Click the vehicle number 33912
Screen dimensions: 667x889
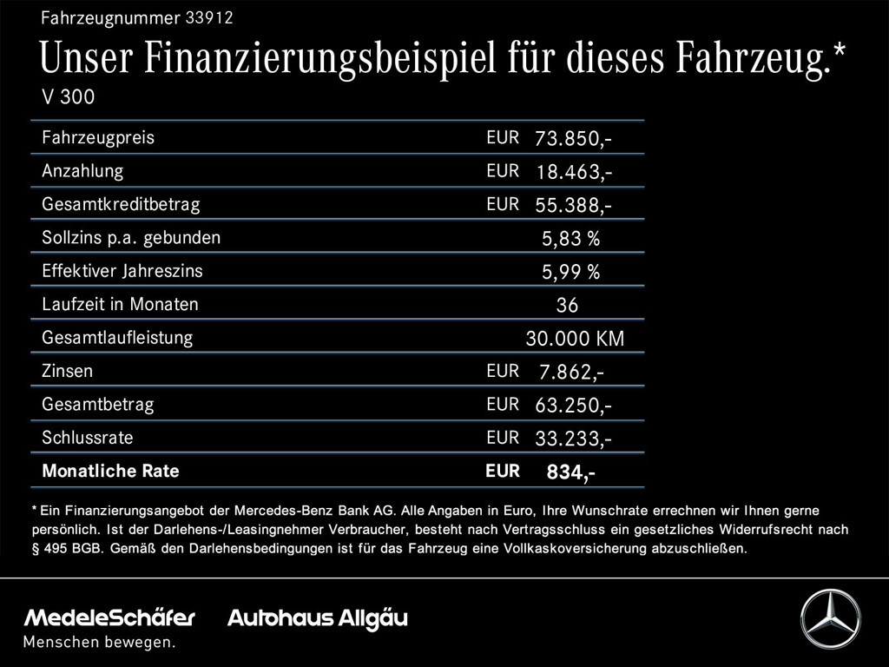pos(208,17)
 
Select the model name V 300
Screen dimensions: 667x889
pos(69,97)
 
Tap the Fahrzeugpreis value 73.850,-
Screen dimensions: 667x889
pos(574,138)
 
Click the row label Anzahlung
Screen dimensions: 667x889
pos(82,171)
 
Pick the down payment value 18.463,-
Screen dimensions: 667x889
pos(574,172)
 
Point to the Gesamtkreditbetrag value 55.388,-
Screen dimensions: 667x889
pos(574,205)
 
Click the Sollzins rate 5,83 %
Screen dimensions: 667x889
pos(570,238)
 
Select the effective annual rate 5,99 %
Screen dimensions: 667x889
pos(570,272)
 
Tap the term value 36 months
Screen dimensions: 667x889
pos(567,305)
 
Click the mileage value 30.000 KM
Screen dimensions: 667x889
pos(575,339)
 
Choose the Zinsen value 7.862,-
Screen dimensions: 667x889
pos(571,372)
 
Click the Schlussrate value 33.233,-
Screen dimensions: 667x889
pos(574,439)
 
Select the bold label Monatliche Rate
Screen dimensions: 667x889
pos(110,472)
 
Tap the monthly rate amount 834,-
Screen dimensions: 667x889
pos(570,472)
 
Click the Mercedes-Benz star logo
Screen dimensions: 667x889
pos(830,618)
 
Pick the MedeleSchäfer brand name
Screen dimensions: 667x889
pos(109,618)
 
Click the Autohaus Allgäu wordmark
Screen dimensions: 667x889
pos(317,618)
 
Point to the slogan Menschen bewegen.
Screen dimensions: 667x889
pos(99,643)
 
